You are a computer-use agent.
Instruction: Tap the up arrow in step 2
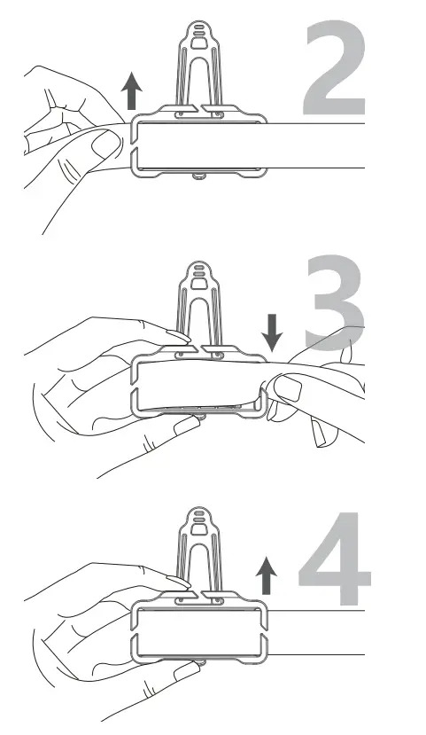pos(131,90)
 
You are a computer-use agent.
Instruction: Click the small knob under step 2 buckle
pos(199,176)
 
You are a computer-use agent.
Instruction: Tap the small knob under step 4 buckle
pos(199,661)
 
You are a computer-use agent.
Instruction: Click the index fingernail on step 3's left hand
pos(177,337)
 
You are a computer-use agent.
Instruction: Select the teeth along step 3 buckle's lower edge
pos(199,409)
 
